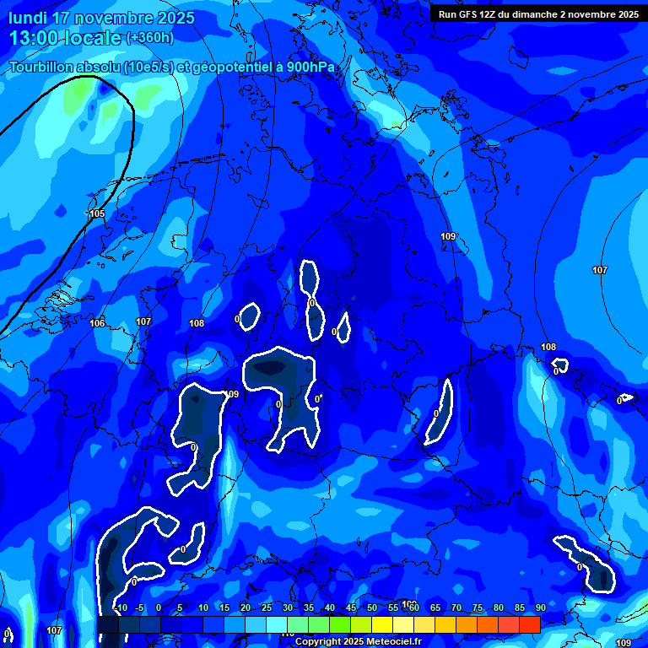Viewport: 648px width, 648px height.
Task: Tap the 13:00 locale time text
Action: click(65, 38)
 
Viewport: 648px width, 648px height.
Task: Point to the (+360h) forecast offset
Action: click(149, 38)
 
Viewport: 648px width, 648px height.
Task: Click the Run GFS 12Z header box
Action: click(538, 13)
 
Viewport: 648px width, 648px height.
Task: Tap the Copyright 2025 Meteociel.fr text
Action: click(358, 642)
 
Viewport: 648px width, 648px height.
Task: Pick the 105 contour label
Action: click(97, 213)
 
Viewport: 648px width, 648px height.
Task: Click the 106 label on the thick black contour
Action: click(97, 323)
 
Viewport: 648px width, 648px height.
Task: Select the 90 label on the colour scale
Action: click(540, 608)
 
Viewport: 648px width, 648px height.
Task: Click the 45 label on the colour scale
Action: click(351, 608)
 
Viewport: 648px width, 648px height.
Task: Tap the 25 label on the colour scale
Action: click(266, 608)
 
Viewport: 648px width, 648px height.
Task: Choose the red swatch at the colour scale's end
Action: click(530, 625)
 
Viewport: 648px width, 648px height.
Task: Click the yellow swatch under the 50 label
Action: click(382, 625)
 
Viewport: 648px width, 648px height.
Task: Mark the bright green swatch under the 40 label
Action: click(340, 625)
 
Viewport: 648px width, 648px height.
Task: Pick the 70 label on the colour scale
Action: click(456, 608)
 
